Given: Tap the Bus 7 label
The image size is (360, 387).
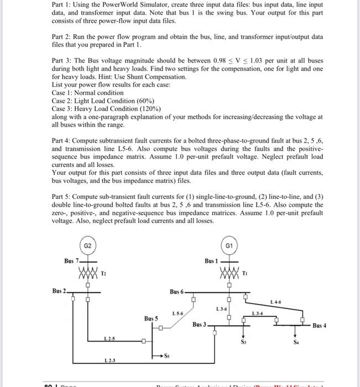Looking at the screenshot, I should pos(72,260).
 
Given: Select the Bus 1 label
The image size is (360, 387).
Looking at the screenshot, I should pos(212,260).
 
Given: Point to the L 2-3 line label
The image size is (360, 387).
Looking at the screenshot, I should pos(111,361).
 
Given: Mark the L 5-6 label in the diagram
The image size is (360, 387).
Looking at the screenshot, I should pos(179,313).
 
